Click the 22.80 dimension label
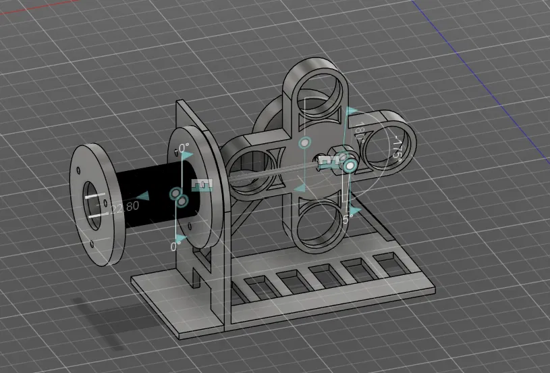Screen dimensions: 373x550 click(x=124, y=206)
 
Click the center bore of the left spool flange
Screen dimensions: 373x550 click(x=92, y=201)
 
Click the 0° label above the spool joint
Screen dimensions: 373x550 click(x=183, y=145)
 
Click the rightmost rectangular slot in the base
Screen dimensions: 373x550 click(x=388, y=260)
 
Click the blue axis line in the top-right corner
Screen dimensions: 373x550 click(x=432, y=14)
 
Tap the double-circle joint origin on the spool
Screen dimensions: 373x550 click(x=179, y=196)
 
